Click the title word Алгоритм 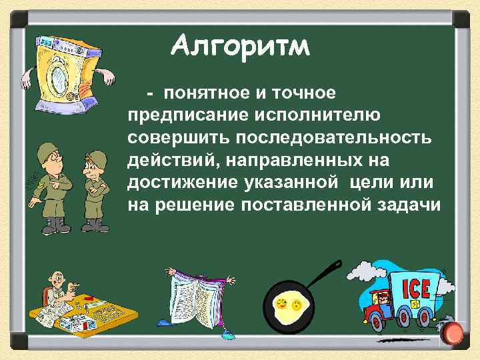239,47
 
